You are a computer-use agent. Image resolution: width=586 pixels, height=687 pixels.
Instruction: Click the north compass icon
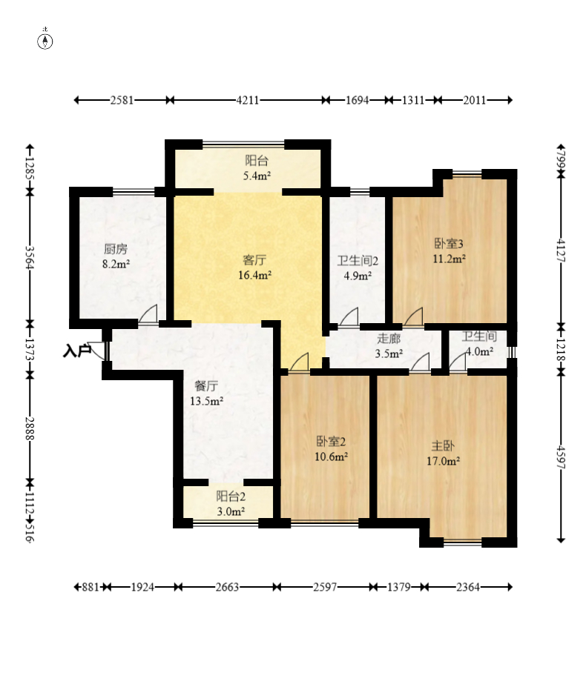coord(45,40)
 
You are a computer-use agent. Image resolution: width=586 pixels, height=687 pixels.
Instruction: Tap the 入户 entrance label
coord(76,351)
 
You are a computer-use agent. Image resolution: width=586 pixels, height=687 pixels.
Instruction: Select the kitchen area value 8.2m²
coord(116,264)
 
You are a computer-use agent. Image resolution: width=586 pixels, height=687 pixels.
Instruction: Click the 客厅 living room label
coord(254,260)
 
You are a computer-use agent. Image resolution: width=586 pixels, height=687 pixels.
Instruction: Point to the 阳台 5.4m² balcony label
coord(257,167)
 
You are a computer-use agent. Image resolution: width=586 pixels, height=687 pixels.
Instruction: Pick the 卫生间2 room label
coord(358,261)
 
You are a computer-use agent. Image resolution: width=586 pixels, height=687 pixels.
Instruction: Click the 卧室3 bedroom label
coord(449,243)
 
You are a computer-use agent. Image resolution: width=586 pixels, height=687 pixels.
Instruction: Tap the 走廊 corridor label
coord(389,339)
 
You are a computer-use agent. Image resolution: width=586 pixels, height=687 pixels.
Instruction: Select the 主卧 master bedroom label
coord(443,446)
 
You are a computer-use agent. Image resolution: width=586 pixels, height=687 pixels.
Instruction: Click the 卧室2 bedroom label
coord(331,441)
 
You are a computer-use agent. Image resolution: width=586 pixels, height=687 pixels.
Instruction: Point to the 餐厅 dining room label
coord(206,386)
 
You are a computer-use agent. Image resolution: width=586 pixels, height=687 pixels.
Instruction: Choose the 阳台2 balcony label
coord(231,497)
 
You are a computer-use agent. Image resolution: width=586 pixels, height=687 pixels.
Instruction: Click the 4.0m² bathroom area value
coord(479,351)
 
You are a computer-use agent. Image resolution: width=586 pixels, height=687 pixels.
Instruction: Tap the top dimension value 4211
coord(248,100)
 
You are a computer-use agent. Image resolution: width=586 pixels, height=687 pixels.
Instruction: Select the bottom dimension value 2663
coord(227,587)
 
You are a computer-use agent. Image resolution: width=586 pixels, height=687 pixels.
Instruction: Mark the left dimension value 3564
coord(30,258)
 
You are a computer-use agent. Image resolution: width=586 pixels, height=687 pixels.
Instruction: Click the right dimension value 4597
coord(561,457)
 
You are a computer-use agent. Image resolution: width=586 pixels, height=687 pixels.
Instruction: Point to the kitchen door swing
coord(148,313)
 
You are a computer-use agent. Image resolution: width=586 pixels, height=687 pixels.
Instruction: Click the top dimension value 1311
coord(413,100)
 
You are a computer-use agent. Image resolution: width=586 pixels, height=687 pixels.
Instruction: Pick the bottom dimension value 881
coord(90,587)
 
